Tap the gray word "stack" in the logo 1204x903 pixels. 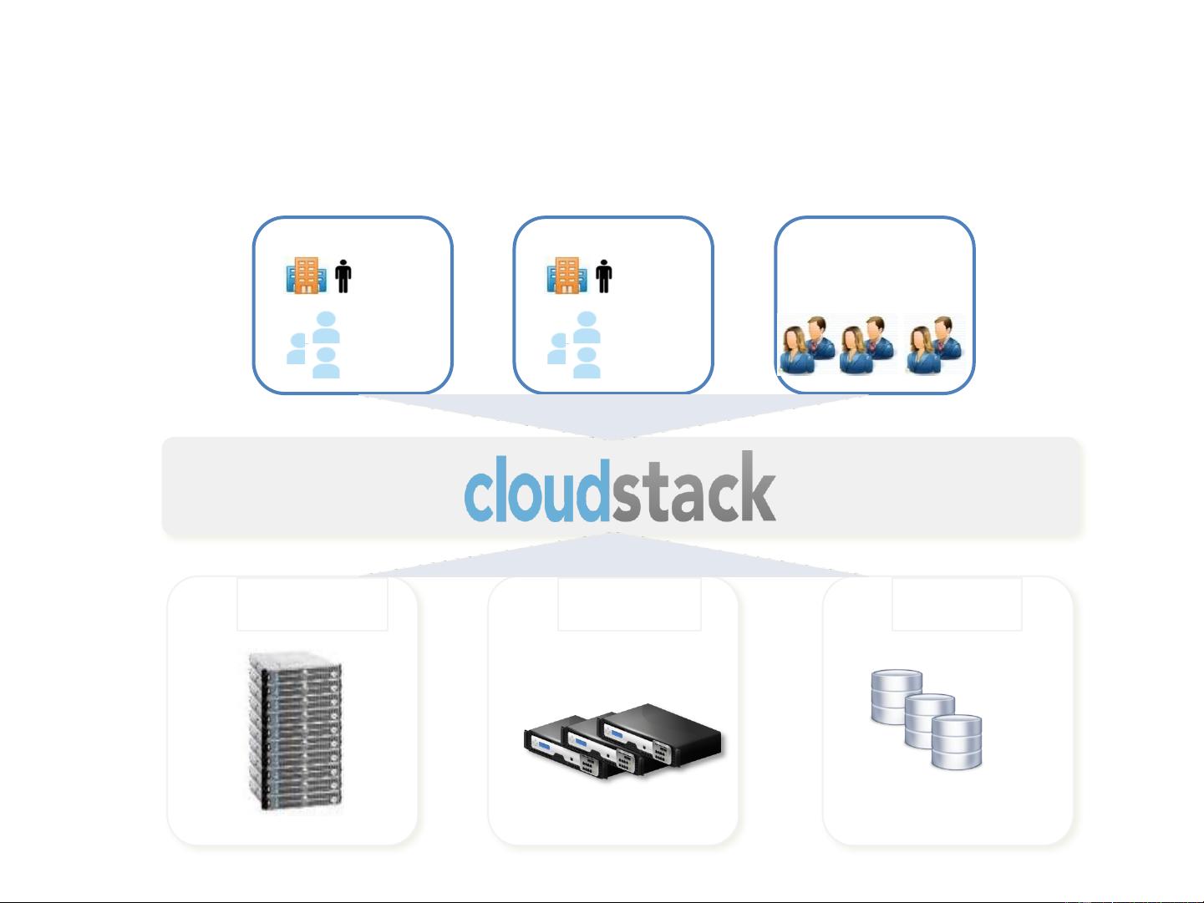[693, 487]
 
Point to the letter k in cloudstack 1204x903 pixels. [758, 486]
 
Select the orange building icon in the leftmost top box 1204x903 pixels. [306, 275]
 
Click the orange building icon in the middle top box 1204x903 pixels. [566, 275]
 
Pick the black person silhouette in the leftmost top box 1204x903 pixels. [343, 276]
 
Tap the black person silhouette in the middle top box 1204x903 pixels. [604, 276]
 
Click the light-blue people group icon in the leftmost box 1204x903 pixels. [313, 345]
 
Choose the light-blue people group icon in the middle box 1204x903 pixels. [574, 345]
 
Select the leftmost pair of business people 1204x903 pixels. [807, 345]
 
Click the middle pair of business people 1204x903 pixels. [866, 345]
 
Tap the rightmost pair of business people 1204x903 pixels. [934, 345]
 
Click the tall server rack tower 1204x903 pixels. [295, 731]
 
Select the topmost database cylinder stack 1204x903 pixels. [897, 697]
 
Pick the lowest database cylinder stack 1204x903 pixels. [957, 742]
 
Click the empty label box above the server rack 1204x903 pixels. [312, 604]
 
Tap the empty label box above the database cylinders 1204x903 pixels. [957, 604]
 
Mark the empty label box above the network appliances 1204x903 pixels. [629, 604]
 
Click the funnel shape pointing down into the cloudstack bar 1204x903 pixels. [612, 414]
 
